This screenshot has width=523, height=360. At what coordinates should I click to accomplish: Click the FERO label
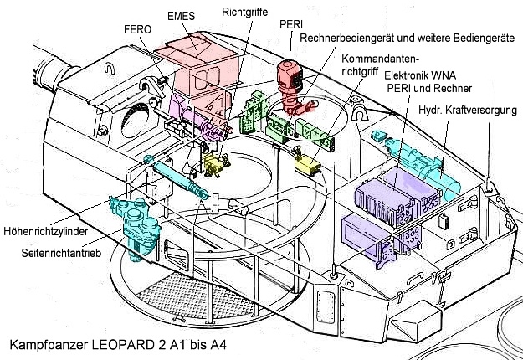(x=138, y=29)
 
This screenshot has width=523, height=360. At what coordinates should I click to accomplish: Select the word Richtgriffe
(x=244, y=13)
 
